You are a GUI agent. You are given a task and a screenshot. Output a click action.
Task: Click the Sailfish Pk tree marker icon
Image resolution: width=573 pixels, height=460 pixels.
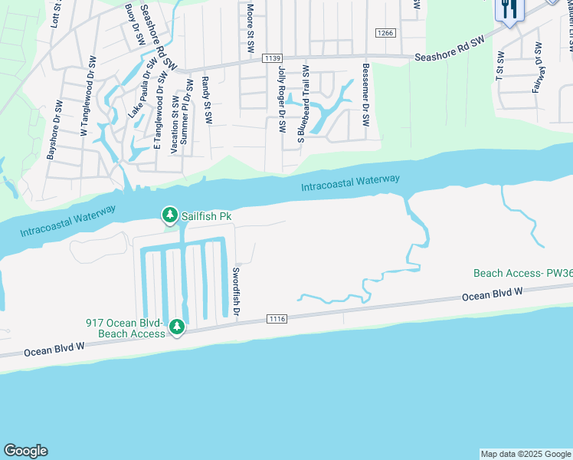pyautogui.click(x=169, y=216)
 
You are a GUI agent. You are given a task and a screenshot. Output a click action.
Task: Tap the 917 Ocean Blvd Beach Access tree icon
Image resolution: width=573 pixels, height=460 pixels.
pyautogui.click(x=177, y=327)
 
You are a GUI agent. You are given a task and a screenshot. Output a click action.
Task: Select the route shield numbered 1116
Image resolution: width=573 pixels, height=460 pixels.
pyautogui.click(x=277, y=318)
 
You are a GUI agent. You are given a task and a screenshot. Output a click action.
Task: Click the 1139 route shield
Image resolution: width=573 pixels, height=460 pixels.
pyautogui.click(x=271, y=58)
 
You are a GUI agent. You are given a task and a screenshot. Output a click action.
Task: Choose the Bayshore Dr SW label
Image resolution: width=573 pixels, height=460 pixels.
pyautogui.click(x=55, y=130)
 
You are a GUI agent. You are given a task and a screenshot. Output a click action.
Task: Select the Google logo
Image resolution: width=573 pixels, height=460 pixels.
pyautogui.click(x=25, y=451)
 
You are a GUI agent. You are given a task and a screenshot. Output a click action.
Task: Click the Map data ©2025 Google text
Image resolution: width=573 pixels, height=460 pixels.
pyautogui.click(x=525, y=454)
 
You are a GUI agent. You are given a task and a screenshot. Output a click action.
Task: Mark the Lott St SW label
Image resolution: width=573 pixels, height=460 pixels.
pyautogui.click(x=54, y=15)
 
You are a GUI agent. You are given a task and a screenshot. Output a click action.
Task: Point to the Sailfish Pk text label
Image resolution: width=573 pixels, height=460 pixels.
pyautogui.click(x=206, y=217)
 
